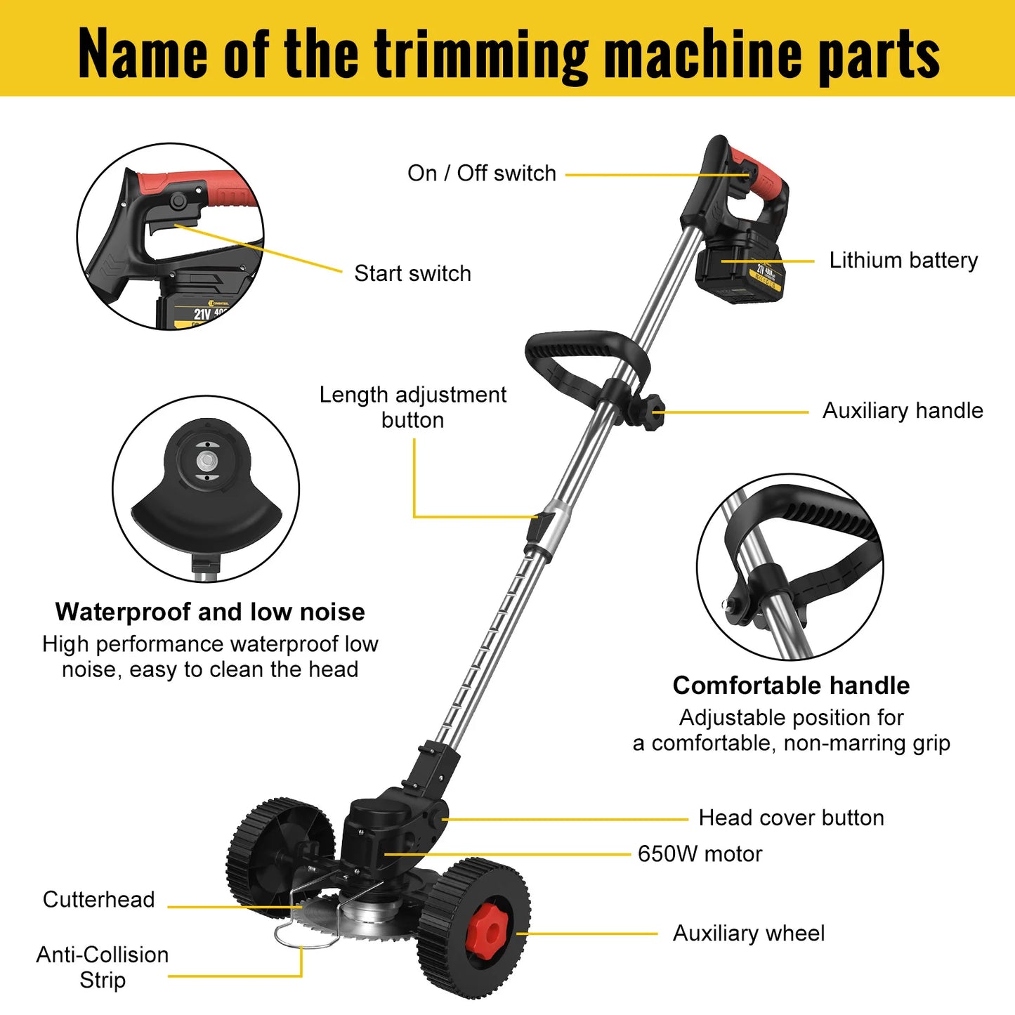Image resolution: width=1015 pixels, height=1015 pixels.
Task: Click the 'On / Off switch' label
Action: click(481, 173)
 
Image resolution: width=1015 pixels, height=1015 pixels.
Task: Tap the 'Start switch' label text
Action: click(412, 273)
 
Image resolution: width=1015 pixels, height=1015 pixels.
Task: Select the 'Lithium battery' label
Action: click(903, 261)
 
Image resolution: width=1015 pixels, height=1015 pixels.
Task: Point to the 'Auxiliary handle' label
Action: click(903, 411)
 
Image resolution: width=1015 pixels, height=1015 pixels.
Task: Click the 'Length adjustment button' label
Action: click(412, 407)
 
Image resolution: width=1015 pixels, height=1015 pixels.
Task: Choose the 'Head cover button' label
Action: click(791, 818)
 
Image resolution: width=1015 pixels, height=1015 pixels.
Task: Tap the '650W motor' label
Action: click(700, 854)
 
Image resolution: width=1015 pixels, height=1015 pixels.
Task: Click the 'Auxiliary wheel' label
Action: click(749, 934)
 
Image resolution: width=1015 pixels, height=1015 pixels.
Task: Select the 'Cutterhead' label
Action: click(98, 900)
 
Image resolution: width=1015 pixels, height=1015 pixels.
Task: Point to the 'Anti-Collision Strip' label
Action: click(103, 967)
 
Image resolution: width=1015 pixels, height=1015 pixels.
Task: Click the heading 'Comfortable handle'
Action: click(791, 686)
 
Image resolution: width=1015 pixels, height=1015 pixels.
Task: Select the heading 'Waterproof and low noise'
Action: click(210, 612)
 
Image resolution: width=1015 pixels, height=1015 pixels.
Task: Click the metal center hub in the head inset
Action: click(207, 461)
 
